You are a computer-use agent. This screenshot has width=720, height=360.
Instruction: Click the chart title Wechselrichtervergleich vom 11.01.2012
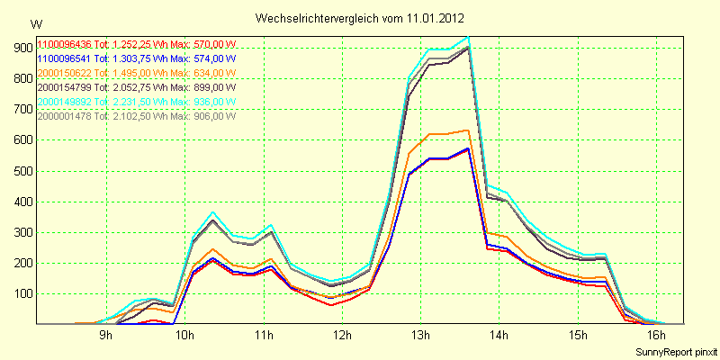pyautogui.click(x=360, y=18)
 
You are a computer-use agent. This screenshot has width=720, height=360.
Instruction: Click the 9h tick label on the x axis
pyautogui.click(x=105, y=336)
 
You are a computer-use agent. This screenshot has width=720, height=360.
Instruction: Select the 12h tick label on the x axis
pyautogui.click(x=342, y=336)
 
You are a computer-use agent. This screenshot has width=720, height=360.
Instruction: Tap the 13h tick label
pyautogui.click(x=420, y=336)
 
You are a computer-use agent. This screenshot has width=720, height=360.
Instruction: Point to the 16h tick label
pyautogui.click(x=657, y=336)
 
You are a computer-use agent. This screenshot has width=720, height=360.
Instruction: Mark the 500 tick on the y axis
pyautogui.click(x=19, y=171)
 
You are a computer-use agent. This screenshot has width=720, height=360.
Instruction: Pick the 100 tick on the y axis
pyautogui.click(x=19, y=294)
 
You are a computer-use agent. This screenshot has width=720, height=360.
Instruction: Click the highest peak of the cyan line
pyautogui.click(x=467, y=37)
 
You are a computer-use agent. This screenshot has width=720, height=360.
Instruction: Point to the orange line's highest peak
pyautogui.click(x=468, y=130)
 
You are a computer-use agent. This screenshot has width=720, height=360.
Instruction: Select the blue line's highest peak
pyautogui.click(x=468, y=148)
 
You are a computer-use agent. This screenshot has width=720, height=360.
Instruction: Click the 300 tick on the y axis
pyautogui.click(x=19, y=232)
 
